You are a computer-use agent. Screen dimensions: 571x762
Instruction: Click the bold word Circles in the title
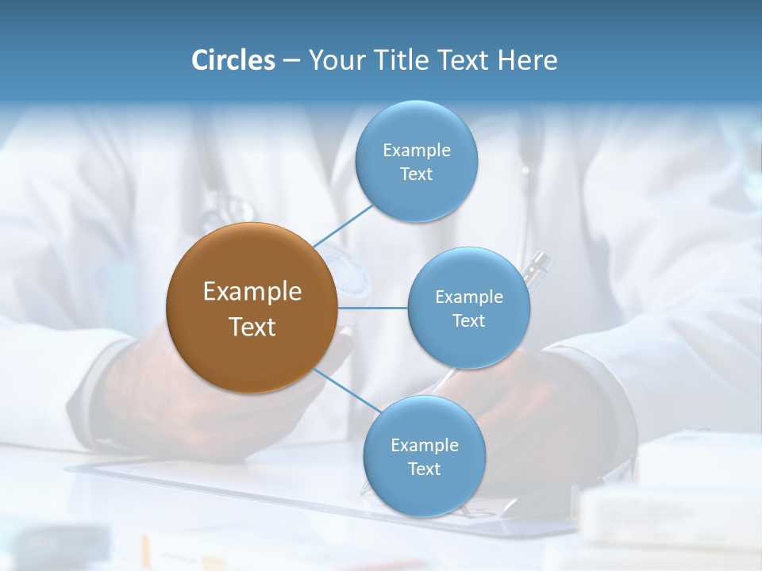pyautogui.click(x=233, y=60)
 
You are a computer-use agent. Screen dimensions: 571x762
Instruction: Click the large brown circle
pyautogui.click(x=252, y=308)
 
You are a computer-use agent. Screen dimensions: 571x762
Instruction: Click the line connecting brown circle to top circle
pyautogui.click(x=343, y=226)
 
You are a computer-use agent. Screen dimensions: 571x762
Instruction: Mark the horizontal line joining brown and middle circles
pyautogui.click(x=373, y=308)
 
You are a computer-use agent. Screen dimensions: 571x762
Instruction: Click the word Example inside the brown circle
pyautogui.click(x=252, y=292)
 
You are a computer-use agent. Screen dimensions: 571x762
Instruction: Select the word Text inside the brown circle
pyautogui.click(x=252, y=327)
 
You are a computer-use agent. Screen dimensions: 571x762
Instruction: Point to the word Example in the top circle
pyautogui.click(x=416, y=150)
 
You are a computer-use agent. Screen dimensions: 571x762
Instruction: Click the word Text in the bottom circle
pyautogui.click(x=424, y=469)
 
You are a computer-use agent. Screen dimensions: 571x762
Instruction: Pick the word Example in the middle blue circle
pyautogui.click(x=469, y=297)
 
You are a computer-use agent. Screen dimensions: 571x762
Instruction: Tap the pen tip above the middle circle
pyautogui.click(x=541, y=260)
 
